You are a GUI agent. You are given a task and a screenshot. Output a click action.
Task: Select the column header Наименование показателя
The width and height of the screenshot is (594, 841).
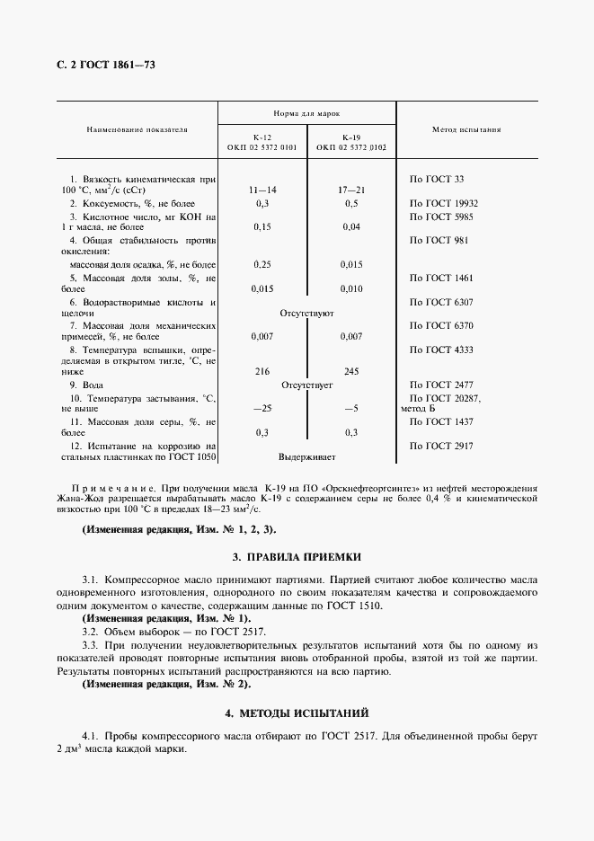(x=137, y=129)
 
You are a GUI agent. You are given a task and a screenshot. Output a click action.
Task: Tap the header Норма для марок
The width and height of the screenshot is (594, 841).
(x=306, y=114)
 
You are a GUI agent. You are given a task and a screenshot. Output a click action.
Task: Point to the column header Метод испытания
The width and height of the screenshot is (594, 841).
(x=466, y=129)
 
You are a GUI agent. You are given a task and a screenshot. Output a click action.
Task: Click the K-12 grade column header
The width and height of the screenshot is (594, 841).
(x=262, y=141)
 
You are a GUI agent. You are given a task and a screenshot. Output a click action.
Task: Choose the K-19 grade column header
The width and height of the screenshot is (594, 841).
(x=351, y=141)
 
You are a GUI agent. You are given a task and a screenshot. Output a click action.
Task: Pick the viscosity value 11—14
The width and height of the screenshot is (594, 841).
(x=262, y=191)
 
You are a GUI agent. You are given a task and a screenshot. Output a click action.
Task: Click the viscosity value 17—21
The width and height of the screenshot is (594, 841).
(x=351, y=191)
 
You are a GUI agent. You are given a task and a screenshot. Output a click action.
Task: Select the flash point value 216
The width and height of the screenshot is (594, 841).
(x=262, y=370)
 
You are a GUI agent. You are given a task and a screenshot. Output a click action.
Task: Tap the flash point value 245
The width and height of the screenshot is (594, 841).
(x=351, y=370)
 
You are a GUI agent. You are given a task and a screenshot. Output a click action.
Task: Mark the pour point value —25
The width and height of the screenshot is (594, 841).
(x=262, y=407)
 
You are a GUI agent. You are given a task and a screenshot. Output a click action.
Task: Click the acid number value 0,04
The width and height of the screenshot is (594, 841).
(x=351, y=227)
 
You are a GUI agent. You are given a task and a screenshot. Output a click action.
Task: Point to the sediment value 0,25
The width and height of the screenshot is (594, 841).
(x=262, y=264)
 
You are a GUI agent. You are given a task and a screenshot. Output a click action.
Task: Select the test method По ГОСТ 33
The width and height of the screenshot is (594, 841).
(x=436, y=179)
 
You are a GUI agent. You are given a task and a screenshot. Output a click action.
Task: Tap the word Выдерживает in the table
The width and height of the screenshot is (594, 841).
(x=306, y=456)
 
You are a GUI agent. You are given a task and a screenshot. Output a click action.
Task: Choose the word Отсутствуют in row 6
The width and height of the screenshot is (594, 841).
(x=306, y=314)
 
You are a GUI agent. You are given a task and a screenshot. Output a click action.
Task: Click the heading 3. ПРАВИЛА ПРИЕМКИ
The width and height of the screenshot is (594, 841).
(x=297, y=558)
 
